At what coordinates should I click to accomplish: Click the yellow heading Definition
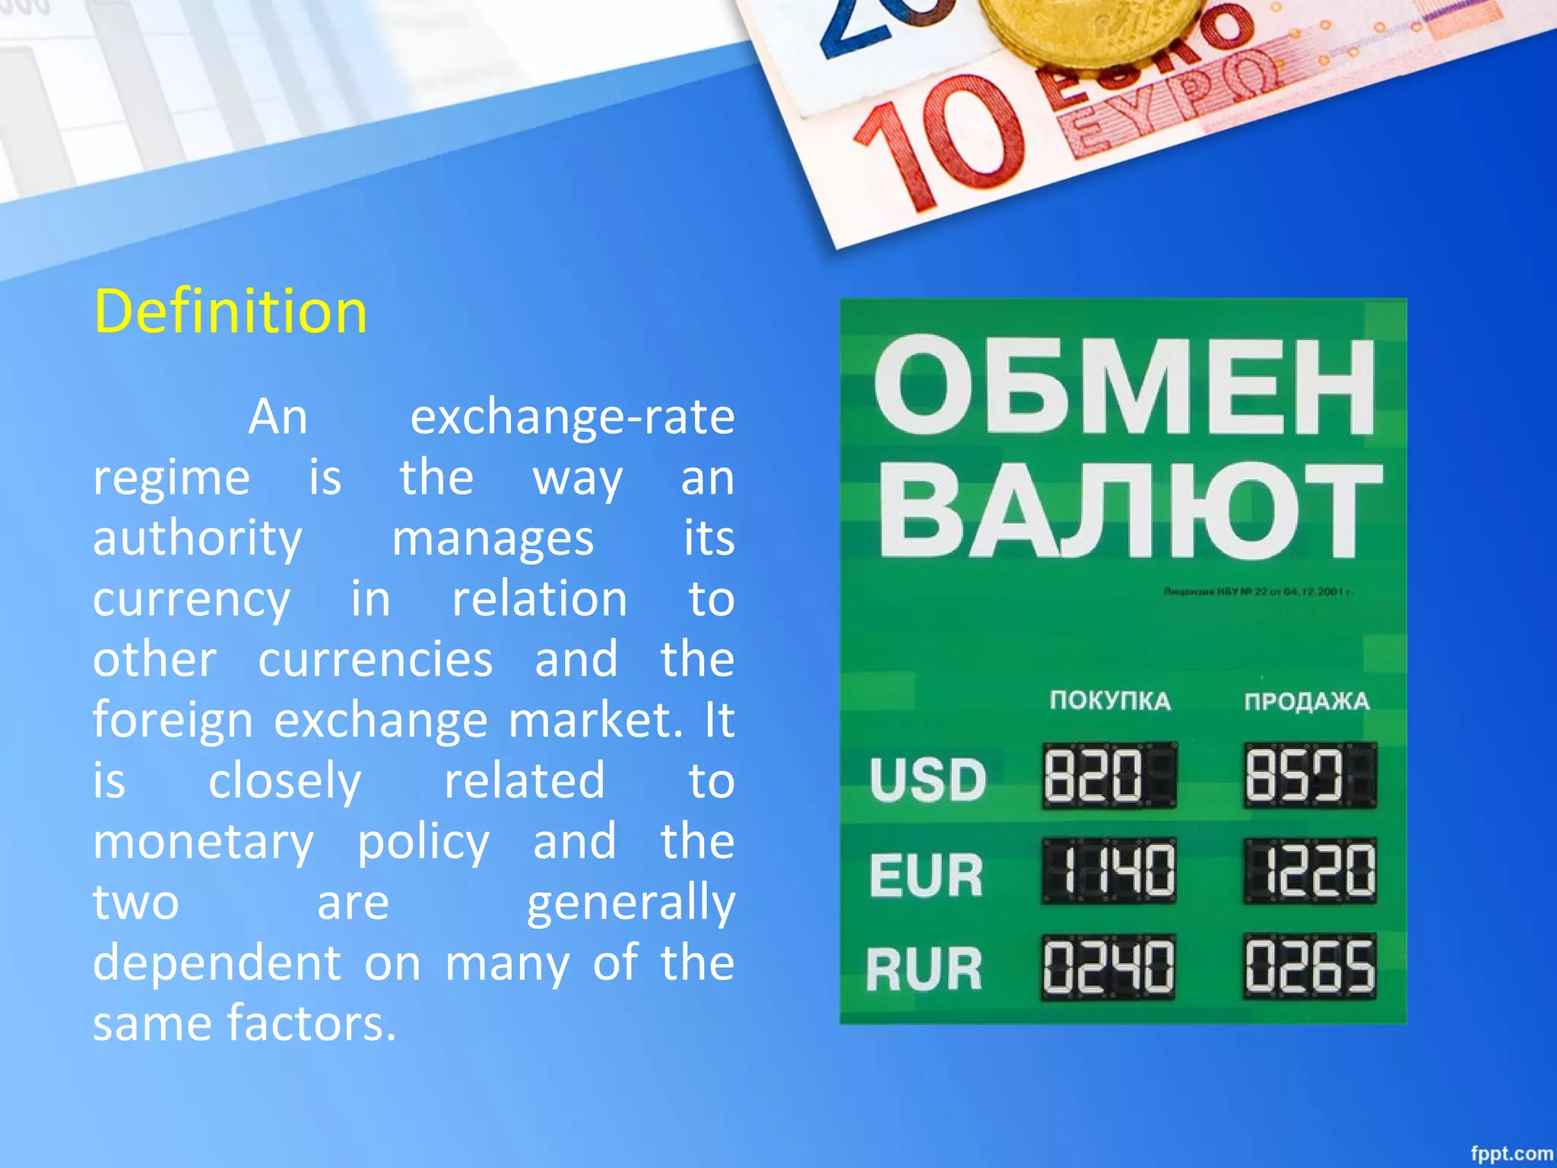click(x=230, y=312)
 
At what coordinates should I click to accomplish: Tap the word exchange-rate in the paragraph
click(x=572, y=417)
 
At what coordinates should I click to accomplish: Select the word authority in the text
click(x=198, y=538)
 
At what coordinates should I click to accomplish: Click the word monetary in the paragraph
click(x=203, y=842)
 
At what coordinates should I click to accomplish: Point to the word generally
click(x=630, y=903)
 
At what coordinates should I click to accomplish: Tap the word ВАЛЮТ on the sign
click(x=1130, y=511)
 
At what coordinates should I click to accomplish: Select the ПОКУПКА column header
click(x=1110, y=700)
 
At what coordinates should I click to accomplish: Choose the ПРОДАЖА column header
click(x=1306, y=700)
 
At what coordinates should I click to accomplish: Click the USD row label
click(x=928, y=780)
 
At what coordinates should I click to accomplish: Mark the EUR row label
click(x=926, y=874)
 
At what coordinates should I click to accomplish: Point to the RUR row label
click(x=924, y=970)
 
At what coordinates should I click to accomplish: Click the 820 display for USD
click(x=1109, y=776)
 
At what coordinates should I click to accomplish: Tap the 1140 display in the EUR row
click(x=1109, y=871)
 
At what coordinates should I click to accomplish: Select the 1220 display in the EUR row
click(x=1310, y=871)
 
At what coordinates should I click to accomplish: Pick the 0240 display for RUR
click(x=1108, y=967)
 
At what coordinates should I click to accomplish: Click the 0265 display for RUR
click(x=1310, y=966)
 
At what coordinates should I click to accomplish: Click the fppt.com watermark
click(x=1511, y=1153)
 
